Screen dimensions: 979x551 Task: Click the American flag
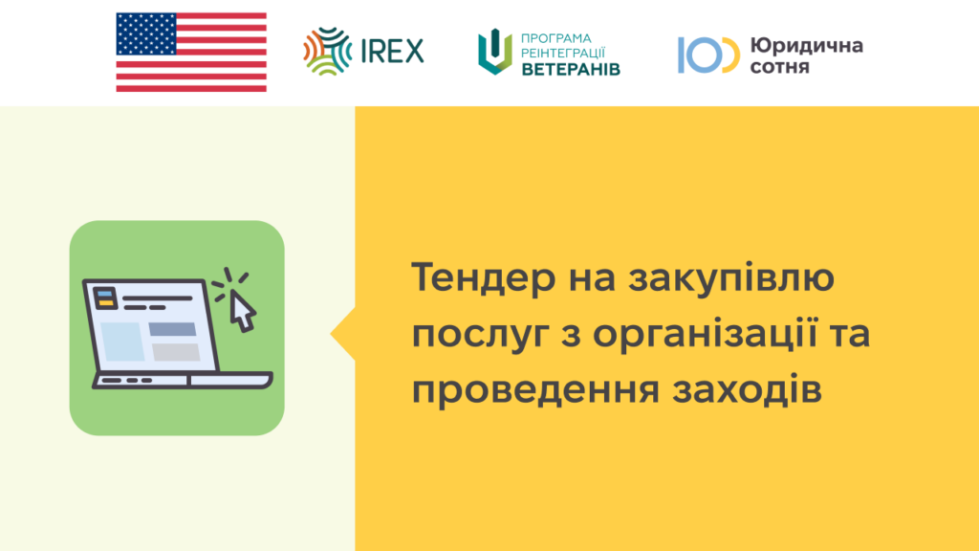point(191,53)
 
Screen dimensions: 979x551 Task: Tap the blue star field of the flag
point(146,33)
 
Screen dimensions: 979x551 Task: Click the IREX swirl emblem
point(328,52)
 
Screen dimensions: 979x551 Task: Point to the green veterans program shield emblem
point(495,52)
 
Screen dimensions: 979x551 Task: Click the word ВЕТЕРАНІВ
point(571,69)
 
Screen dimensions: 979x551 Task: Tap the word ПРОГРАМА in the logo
point(555,38)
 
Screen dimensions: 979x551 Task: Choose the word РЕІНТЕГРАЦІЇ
point(562,54)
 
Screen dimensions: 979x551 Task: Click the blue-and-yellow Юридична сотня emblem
point(708,55)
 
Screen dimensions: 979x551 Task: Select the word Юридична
point(807,46)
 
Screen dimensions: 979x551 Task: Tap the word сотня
point(780,66)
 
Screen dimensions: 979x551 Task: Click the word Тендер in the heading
point(483,277)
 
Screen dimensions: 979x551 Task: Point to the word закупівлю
point(731,278)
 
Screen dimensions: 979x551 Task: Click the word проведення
point(535,390)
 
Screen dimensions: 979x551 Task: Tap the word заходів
point(748,389)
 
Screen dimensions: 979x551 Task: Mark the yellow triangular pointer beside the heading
point(344,334)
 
